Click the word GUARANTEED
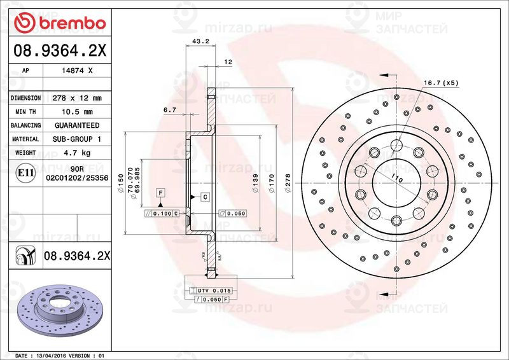(x=77, y=125)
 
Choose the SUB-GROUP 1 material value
(x=77, y=139)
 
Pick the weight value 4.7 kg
(x=77, y=153)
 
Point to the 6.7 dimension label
(x=169, y=110)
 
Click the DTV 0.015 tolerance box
(x=212, y=290)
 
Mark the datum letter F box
(x=161, y=192)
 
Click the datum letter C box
(x=206, y=197)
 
